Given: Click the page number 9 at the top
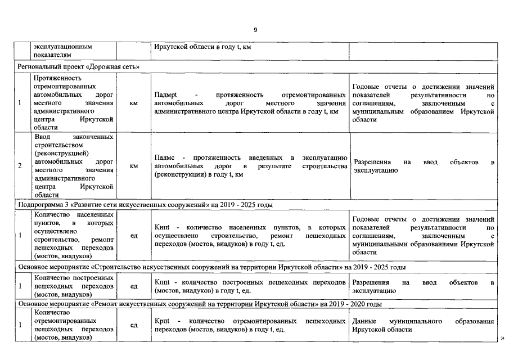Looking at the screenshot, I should [254, 30].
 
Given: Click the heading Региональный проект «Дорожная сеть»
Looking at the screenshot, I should [78, 66].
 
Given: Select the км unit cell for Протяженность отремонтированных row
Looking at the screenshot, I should [134, 103].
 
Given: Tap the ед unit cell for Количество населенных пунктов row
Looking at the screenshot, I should [134, 236].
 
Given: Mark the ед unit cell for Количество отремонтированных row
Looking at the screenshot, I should [134, 325].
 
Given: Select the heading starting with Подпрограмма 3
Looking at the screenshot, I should [146, 205].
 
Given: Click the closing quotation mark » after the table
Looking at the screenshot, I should [502, 338].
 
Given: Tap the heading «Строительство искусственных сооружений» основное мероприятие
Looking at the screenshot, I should [211, 267].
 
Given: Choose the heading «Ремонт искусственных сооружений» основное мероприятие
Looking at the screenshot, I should [200, 304].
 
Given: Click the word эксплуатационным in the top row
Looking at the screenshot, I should [62, 47].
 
